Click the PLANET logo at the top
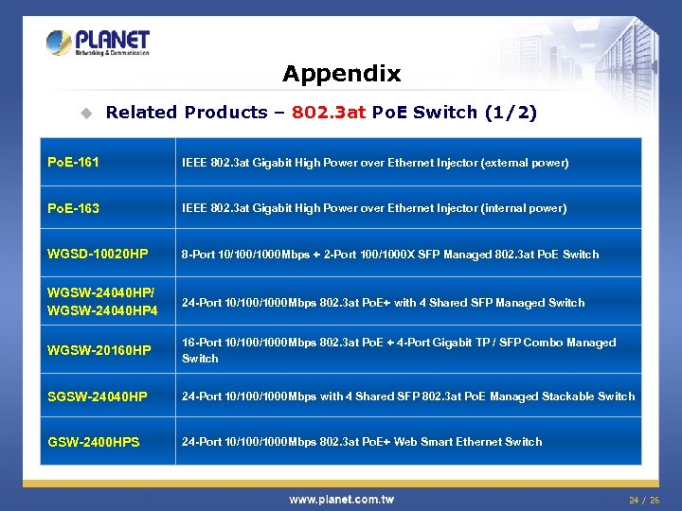98,43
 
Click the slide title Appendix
341,74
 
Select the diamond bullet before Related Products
86,114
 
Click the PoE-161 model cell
73,163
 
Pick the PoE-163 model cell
73,208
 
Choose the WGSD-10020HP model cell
98,255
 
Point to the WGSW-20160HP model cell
99,351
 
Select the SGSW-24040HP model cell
97,396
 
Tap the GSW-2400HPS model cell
93,442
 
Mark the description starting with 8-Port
390,255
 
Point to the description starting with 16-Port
399,350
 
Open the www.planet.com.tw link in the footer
341,499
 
